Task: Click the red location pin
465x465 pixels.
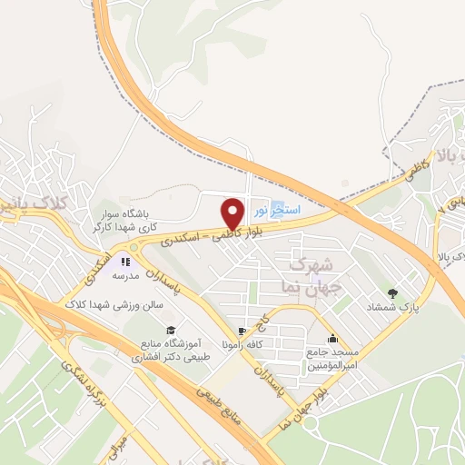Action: tap(232, 213)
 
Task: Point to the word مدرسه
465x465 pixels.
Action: tap(124, 275)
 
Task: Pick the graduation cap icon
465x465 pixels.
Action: tap(169, 330)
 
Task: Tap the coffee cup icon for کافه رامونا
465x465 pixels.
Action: tap(241, 331)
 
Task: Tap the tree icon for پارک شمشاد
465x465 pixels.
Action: tap(392, 292)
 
